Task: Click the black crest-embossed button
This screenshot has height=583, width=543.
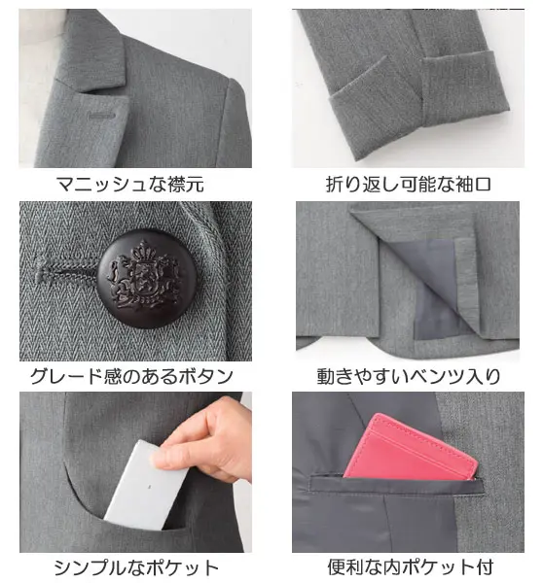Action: pos(147,278)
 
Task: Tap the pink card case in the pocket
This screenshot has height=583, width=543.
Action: pos(410,448)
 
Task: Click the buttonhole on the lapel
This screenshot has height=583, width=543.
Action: pos(101,116)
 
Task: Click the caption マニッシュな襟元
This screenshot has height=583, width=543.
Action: pos(130,185)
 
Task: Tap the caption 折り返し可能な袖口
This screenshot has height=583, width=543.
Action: pos(409,185)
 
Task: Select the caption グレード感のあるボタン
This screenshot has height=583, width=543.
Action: pos(131,376)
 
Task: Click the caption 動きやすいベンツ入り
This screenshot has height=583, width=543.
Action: pos(409,376)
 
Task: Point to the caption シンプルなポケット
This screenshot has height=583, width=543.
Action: pos(136,567)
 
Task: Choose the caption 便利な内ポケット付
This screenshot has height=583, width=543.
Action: pos(411,567)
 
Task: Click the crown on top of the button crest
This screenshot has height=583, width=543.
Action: pos(144,251)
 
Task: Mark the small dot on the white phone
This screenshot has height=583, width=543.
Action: pos(149,487)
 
